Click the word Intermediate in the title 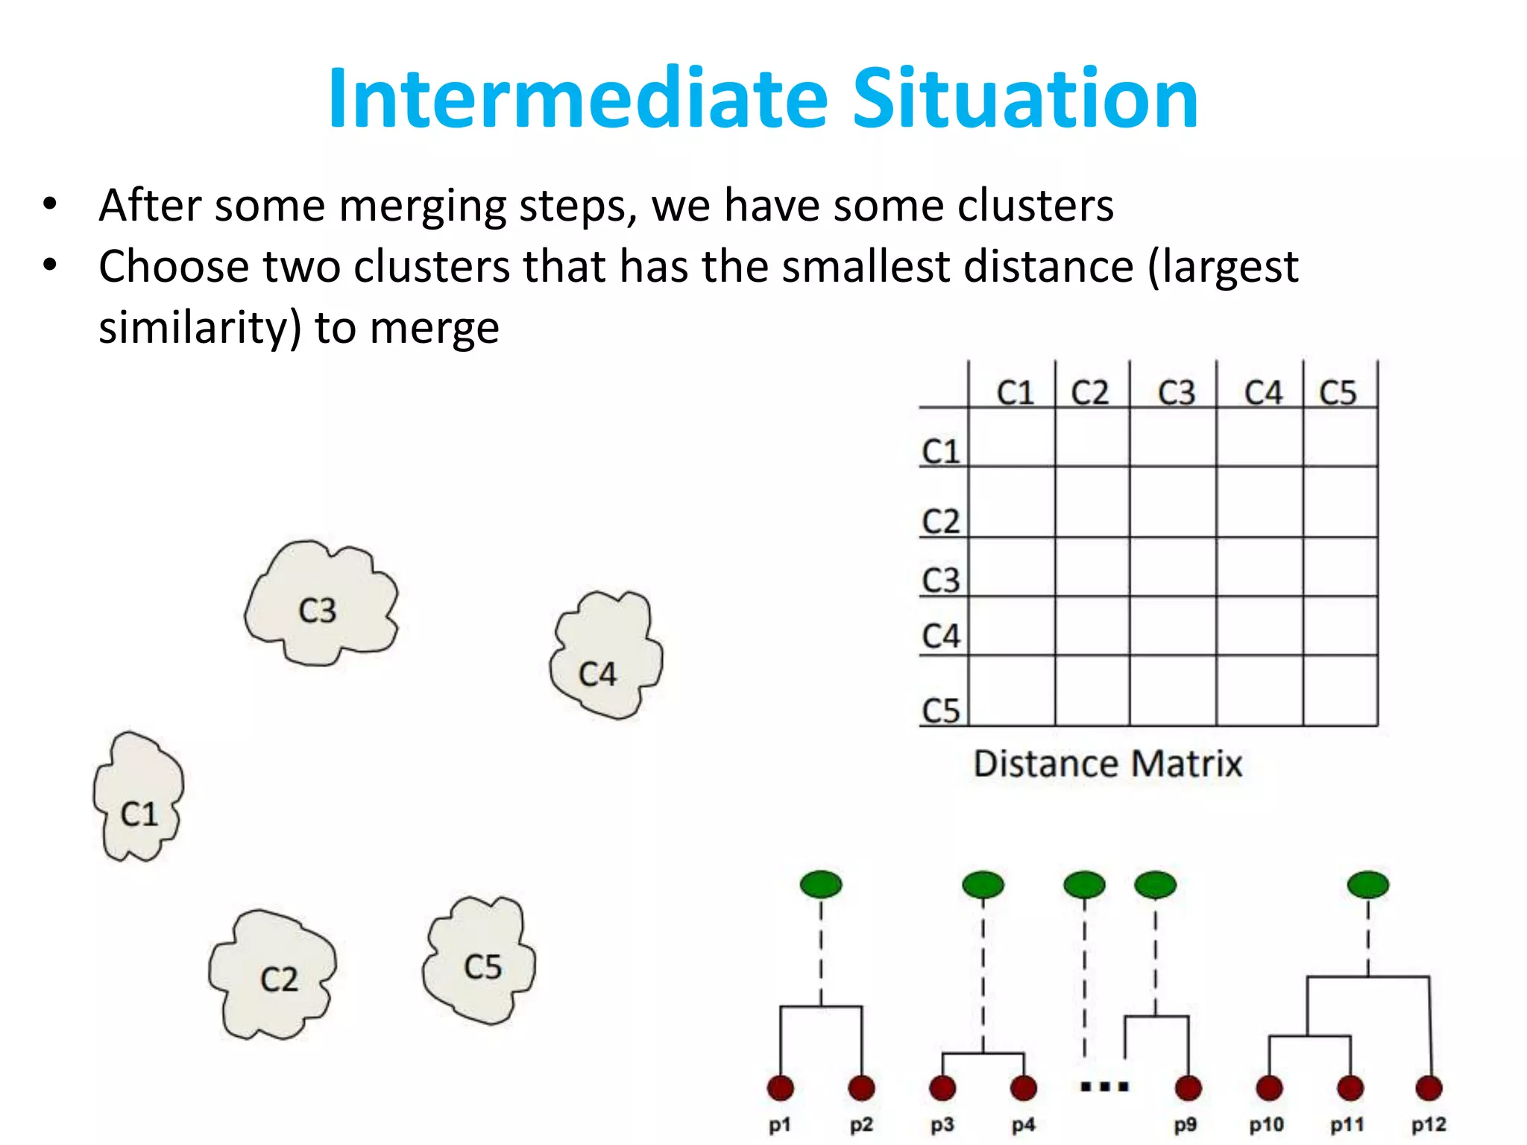click(578, 99)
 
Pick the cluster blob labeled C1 click(139, 798)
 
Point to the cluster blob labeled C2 click(273, 974)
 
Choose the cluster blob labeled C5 click(479, 962)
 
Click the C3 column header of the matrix click(1176, 392)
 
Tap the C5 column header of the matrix click(1338, 392)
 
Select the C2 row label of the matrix click(941, 521)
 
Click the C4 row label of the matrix click(941, 636)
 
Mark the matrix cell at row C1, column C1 click(1012, 438)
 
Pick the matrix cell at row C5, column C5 click(1340, 690)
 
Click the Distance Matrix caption click(1107, 763)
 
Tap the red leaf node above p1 click(780, 1088)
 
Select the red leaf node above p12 click(1429, 1088)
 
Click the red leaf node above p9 click(1188, 1088)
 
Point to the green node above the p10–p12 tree click(1368, 885)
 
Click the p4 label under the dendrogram click(1023, 1124)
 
